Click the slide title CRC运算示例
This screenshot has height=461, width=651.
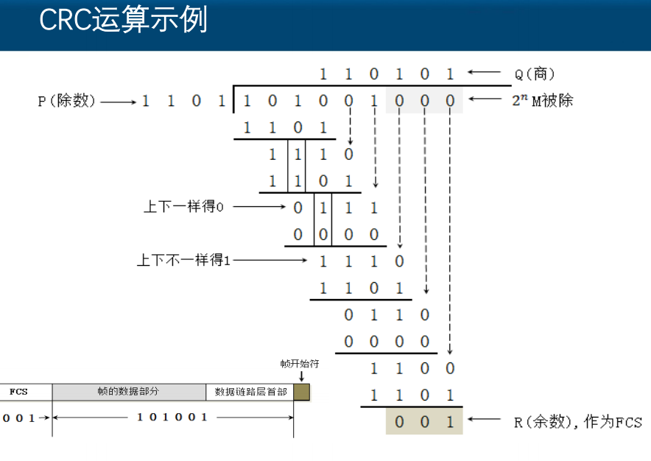123,20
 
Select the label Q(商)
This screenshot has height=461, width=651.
534,73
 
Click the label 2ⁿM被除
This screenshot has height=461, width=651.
542,100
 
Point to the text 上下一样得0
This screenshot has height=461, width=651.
183,207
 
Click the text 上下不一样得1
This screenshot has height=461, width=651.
183,260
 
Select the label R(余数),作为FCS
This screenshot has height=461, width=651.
577,422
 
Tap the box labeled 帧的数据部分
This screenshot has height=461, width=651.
128,392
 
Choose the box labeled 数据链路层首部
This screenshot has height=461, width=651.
250,392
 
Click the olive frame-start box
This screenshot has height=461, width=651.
301,392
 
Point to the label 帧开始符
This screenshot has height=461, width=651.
300,364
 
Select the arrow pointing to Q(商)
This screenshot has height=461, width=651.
484,72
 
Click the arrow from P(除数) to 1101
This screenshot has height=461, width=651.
118,102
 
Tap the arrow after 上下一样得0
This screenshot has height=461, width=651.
258,208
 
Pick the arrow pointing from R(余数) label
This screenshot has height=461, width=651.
484,421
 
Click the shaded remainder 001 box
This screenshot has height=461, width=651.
424,422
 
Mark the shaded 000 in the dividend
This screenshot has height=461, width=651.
424,100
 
